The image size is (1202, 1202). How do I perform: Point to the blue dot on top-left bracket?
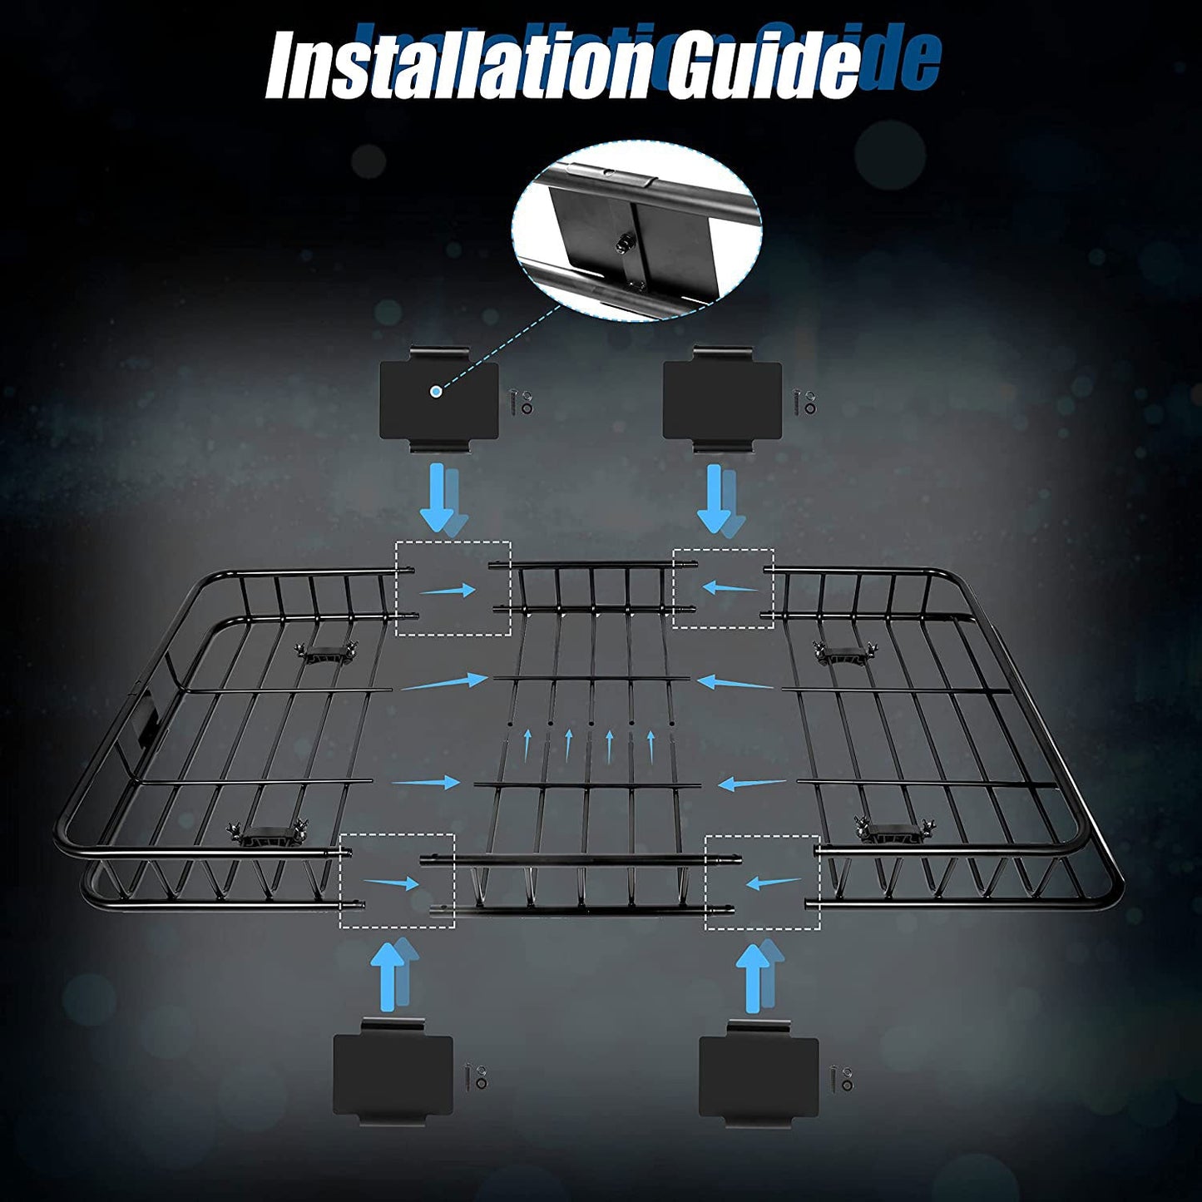pyautogui.click(x=435, y=391)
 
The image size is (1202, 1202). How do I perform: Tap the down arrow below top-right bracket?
pyautogui.click(x=713, y=497)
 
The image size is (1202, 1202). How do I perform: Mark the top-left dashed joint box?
pyautogui.click(x=453, y=588)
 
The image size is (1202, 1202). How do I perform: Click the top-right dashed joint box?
pyautogui.click(x=723, y=588)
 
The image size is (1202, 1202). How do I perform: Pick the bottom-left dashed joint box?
pyautogui.click(x=397, y=881)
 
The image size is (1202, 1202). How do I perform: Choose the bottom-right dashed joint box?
pyautogui.click(x=762, y=881)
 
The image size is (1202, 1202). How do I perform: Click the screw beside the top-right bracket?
pyautogui.click(x=799, y=403)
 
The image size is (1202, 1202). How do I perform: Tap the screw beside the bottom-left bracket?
pyautogui.click(x=471, y=1079)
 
